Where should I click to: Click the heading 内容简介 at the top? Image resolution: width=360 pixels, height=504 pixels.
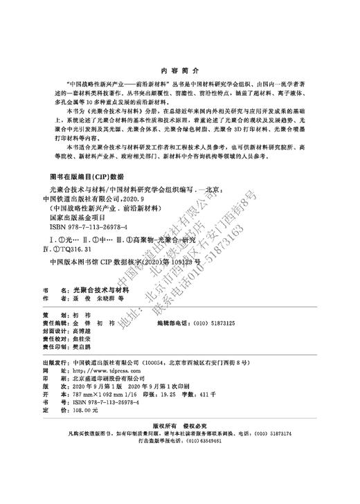pos(179,71)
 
